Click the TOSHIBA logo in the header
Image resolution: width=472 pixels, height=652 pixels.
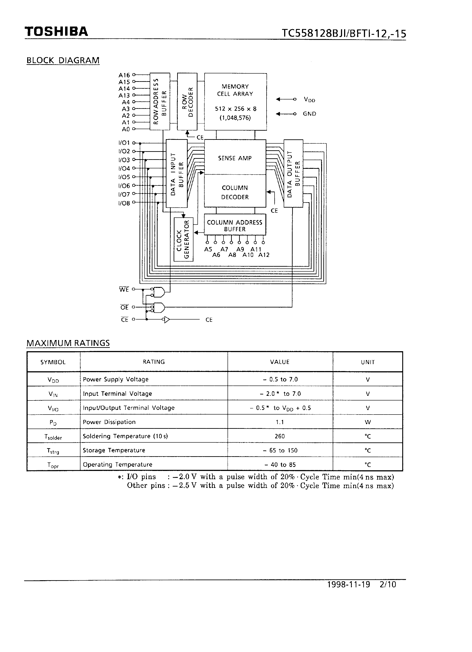(x=56, y=32)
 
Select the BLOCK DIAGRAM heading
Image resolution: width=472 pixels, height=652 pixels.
(x=63, y=60)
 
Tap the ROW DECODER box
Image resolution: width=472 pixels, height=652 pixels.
(x=187, y=102)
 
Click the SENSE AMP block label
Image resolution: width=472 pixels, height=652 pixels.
(x=235, y=158)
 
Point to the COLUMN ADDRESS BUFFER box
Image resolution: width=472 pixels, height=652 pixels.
(x=235, y=225)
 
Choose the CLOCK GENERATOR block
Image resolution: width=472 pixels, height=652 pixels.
(x=183, y=239)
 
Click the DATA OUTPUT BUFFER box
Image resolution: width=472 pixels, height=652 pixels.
(x=293, y=173)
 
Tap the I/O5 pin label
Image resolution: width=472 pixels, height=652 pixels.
(x=124, y=177)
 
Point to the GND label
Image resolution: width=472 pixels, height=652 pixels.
(x=309, y=114)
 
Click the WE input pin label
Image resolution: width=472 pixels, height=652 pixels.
(x=124, y=289)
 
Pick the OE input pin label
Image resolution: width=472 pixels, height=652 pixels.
(x=124, y=307)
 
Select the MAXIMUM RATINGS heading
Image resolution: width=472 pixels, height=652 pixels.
(x=68, y=343)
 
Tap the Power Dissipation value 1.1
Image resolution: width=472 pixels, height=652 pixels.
(x=280, y=422)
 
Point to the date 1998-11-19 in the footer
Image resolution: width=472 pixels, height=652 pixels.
(x=349, y=584)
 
